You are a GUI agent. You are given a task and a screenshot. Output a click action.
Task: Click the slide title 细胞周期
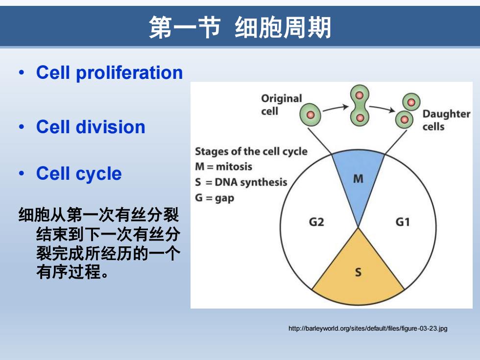[283, 27]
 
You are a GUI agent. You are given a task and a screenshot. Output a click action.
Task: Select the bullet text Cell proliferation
[109, 73]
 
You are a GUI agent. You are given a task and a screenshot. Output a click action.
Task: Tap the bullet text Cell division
[91, 127]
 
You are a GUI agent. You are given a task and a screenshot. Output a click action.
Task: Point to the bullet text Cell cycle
[79, 173]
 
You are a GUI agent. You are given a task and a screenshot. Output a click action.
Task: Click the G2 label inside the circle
[316, 221]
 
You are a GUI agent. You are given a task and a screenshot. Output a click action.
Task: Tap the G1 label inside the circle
[403, 221]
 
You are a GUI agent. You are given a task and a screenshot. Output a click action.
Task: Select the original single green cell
[310, 115]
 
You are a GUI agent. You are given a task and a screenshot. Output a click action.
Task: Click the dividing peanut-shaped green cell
[360, 106]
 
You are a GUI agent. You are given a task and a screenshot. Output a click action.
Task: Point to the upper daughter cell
[411, 102]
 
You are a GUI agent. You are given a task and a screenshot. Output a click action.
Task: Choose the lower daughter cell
[404, 120]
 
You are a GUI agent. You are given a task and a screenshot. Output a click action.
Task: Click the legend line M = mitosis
[223, 167]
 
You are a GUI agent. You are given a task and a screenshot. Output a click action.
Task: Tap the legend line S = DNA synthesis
[241, 182]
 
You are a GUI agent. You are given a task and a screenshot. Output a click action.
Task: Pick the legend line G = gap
[215, 198]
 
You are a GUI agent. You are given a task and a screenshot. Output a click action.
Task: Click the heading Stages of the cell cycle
[251, 151]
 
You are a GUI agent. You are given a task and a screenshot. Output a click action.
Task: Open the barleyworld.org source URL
[368, 329]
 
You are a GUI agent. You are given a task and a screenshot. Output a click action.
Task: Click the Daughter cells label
[446, 120]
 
